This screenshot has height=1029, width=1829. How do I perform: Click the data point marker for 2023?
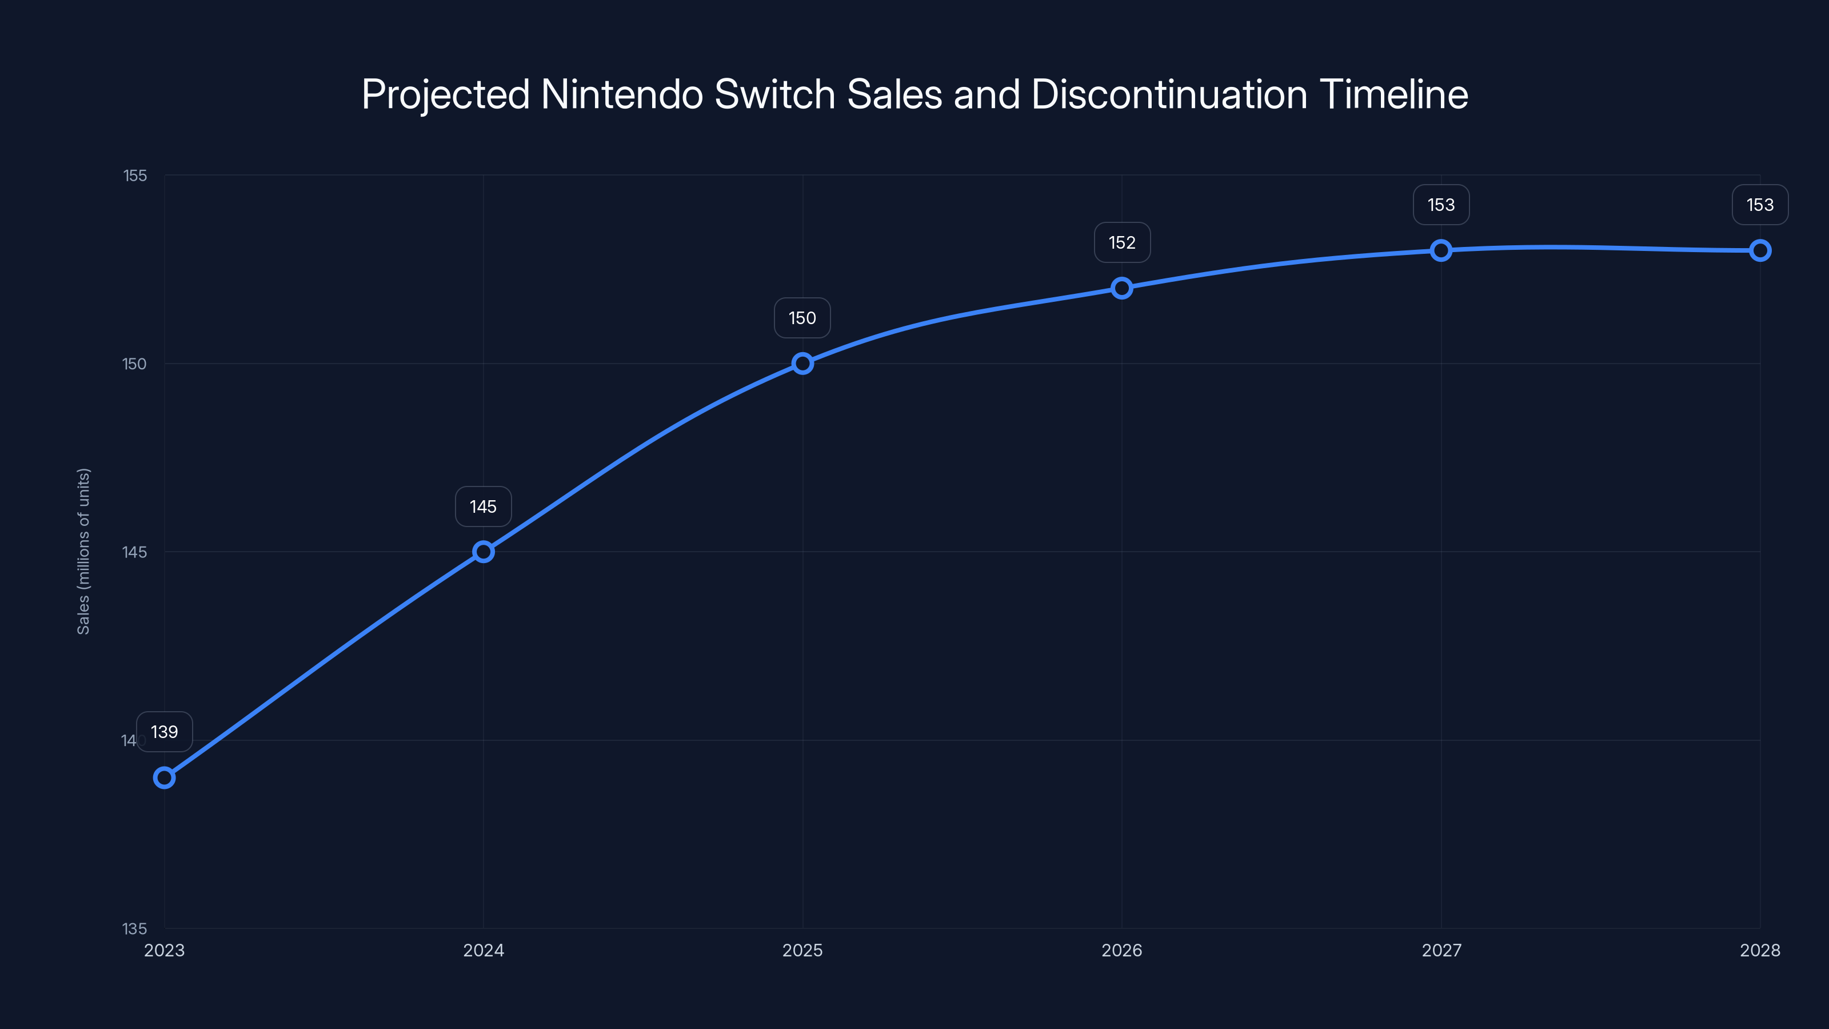point(164,777)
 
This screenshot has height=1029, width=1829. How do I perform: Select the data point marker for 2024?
point(484,552)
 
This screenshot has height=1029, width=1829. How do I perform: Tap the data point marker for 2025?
point(802,364)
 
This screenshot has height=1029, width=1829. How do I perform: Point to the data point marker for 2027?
point(1440,250)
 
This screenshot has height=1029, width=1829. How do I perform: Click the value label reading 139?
point(164,732)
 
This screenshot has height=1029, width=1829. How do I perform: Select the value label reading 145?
point(484,506)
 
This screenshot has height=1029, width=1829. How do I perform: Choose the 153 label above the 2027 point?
point(1440,205)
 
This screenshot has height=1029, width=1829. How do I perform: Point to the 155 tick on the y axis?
point(135,176)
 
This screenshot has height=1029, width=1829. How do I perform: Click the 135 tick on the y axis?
point(134,929)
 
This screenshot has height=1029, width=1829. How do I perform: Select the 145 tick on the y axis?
point(134,552)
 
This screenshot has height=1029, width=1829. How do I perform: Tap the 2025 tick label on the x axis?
point(802,950)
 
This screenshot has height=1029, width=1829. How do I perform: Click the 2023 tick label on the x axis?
point(164,950)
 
